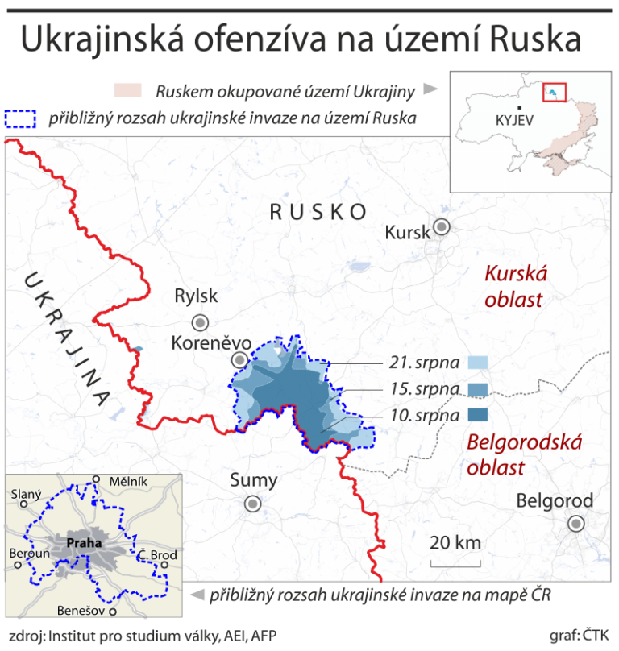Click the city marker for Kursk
(441, 226)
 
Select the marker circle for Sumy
(253, 504)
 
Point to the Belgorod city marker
(575, 524)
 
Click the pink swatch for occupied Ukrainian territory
(128, 89)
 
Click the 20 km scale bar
(455, 553)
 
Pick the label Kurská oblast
(514, 287)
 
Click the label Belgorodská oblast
(514, 454)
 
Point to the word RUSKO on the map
(318, 212)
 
